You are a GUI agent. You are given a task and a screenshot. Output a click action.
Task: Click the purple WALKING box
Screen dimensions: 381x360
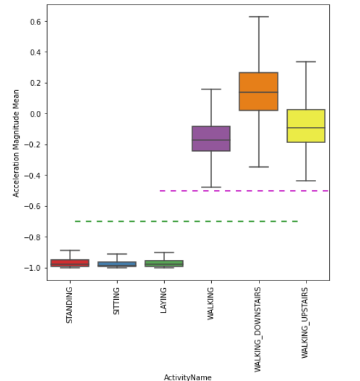[211, 139]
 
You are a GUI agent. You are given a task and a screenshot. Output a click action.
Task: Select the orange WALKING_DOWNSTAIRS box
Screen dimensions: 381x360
[258, 92]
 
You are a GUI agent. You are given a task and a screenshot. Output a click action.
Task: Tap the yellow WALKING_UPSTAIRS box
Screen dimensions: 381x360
[305, 126]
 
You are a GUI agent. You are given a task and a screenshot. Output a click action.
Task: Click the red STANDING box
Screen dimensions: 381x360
[70, 263]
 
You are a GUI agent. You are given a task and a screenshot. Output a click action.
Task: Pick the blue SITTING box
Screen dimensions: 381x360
[117, 264]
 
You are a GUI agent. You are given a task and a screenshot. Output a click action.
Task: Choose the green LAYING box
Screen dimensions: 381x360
[164, 264]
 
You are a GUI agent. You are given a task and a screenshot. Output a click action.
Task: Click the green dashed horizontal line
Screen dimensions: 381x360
[187, 221]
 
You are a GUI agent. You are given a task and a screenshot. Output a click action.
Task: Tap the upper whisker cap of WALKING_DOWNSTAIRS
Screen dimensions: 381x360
[258, 17]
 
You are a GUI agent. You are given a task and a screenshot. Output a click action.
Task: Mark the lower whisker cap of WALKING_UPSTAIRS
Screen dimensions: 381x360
[305, 181]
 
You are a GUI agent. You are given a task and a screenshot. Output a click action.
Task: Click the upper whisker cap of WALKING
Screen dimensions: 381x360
[211, 89]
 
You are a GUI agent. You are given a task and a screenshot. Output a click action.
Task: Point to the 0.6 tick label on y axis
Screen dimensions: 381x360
[35, 21]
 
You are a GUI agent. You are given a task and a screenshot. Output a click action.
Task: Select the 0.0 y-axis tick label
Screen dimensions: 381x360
[35, 114]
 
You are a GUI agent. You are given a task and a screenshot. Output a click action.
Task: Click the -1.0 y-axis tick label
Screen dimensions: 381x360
[32, 268]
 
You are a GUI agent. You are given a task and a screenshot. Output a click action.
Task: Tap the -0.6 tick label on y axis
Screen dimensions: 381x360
[32, 206]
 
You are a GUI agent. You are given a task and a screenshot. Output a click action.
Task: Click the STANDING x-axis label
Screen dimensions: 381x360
[70, 305]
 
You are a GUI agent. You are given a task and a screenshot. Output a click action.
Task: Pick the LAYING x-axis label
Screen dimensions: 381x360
[164, 300]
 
